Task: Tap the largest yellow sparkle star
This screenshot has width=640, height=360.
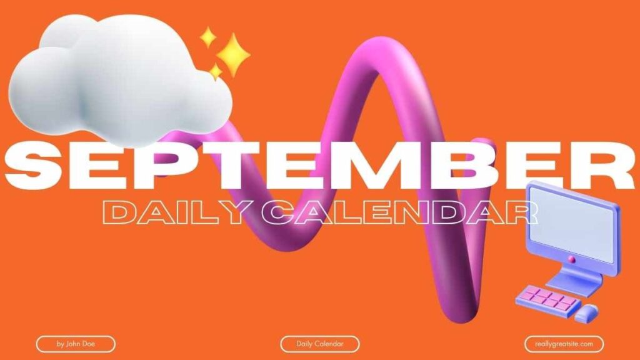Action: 233,55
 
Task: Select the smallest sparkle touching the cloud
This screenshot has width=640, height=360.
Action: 215,71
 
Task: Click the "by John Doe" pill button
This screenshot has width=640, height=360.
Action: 76,344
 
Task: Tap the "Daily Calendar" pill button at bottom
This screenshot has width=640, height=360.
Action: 320,344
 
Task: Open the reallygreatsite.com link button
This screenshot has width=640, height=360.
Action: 564,344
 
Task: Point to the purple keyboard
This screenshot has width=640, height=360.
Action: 547,299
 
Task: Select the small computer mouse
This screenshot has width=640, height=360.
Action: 586,313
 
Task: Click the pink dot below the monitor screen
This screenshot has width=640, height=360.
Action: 572,259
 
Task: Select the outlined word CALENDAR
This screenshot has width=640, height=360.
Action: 399,212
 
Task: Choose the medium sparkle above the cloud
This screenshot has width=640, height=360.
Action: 208,37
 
